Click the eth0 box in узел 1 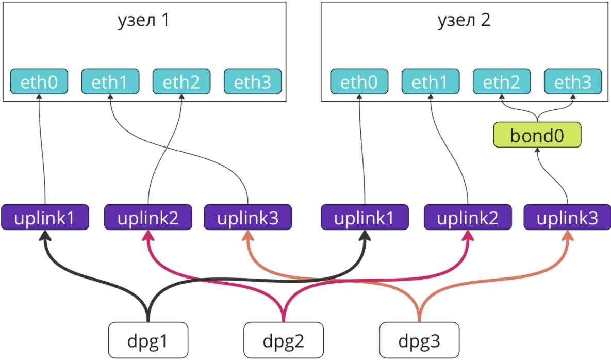click(39, 81)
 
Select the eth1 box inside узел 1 click(110, 81)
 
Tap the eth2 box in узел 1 click(181, 81)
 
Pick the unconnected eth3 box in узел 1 click(253, 81)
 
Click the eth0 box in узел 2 click(359, 81)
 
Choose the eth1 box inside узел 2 click(431, 81)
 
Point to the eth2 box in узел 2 click(502, 81)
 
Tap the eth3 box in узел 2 click(573, 81)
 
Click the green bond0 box click(537, 135)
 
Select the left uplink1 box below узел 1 click(45, 217)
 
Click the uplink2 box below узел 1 click(148, 217)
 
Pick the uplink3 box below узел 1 click(248, 217)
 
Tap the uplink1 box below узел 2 click(365, 217)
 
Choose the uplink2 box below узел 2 click(468, 217)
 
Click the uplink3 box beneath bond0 click(567, 217)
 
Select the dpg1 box click(148, 340)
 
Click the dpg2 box click(284, 340)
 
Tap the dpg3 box click(419, 340)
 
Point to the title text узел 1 click(144, 20)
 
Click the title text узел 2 click(464, 20)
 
